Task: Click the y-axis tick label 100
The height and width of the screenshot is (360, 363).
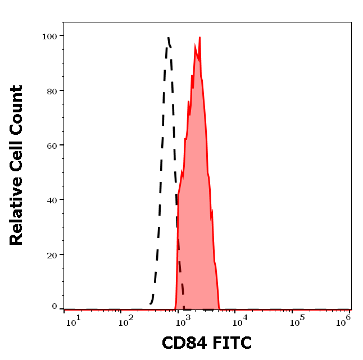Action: [x=49, y=36]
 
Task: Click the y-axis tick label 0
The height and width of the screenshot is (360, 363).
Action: [x=55, y=307]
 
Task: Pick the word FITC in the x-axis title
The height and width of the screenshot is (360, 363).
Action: [x=230, y=343]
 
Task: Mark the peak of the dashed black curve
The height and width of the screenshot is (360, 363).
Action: [x=168, y=38]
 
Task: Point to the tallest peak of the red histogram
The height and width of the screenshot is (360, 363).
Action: [x=199, y=38]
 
